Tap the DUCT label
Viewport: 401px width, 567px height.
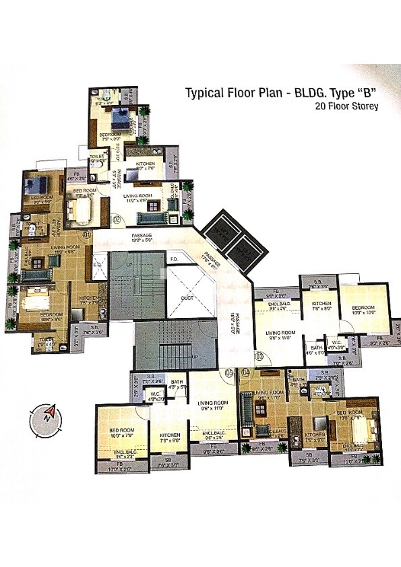(x=188, y=298)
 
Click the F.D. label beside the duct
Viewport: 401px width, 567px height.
(x=173, y=259)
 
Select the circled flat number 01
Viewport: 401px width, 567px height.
(x=86, y=234)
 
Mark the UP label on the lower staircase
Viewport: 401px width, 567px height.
(x=195, y=356)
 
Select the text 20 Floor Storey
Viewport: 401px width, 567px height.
(x=346, y=106)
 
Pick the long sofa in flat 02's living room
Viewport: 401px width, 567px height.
(x=150, y=218)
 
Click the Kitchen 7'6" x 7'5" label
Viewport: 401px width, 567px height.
(x=89, y=300)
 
